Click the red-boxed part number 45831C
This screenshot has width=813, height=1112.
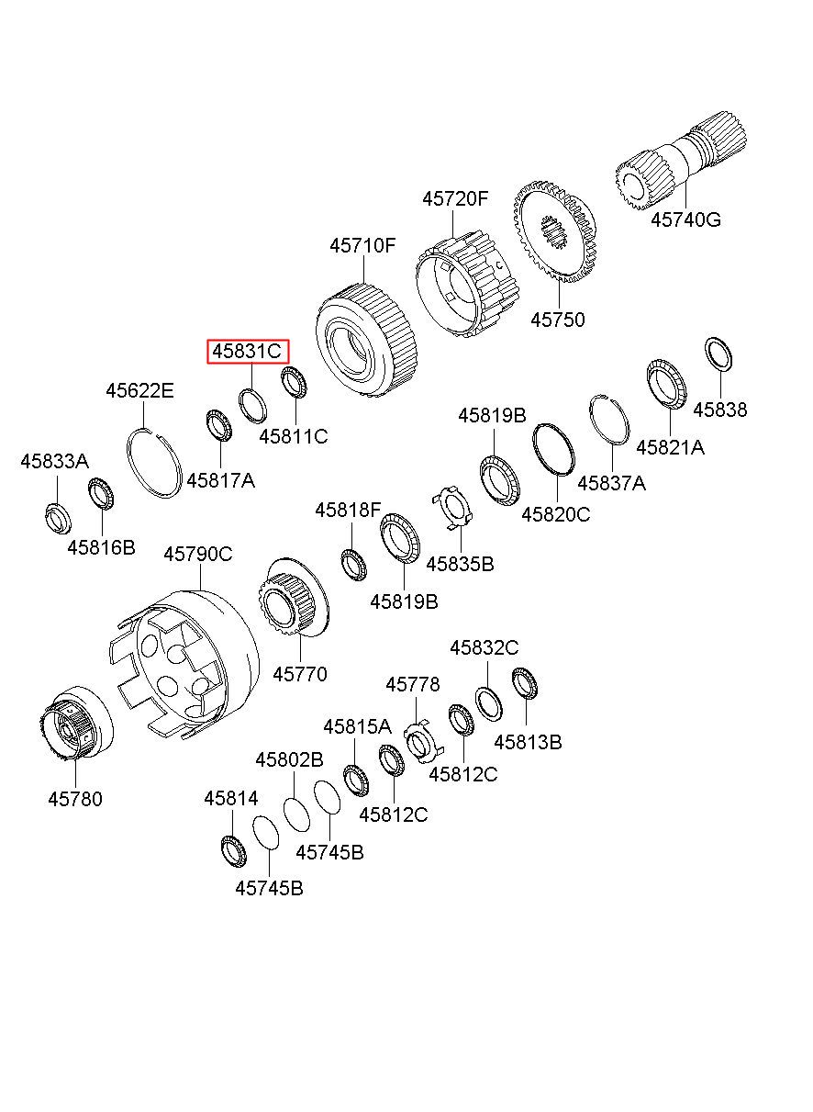[247, 352]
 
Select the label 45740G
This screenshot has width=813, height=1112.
[685, 219]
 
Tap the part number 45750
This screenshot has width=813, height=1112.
[558, 320]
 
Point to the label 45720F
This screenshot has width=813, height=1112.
[455, 198]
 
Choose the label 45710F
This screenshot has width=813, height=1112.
[363, 245]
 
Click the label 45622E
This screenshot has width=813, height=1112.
[139, 390]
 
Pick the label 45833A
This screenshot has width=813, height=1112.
[54, 462]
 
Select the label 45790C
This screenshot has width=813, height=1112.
[198, 554]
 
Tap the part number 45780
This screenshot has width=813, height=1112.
[75, 799]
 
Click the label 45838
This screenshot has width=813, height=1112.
[719, 410]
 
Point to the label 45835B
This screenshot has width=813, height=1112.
[460, 564]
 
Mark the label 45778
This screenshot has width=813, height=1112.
[413, 685]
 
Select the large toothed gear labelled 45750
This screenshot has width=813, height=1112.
[554, 231]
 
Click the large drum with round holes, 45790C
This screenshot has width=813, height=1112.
[184, 663]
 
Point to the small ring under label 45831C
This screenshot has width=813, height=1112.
[252, 407]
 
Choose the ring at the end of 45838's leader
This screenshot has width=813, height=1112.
[718, 354]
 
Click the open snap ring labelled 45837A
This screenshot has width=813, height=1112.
[609, 419]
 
